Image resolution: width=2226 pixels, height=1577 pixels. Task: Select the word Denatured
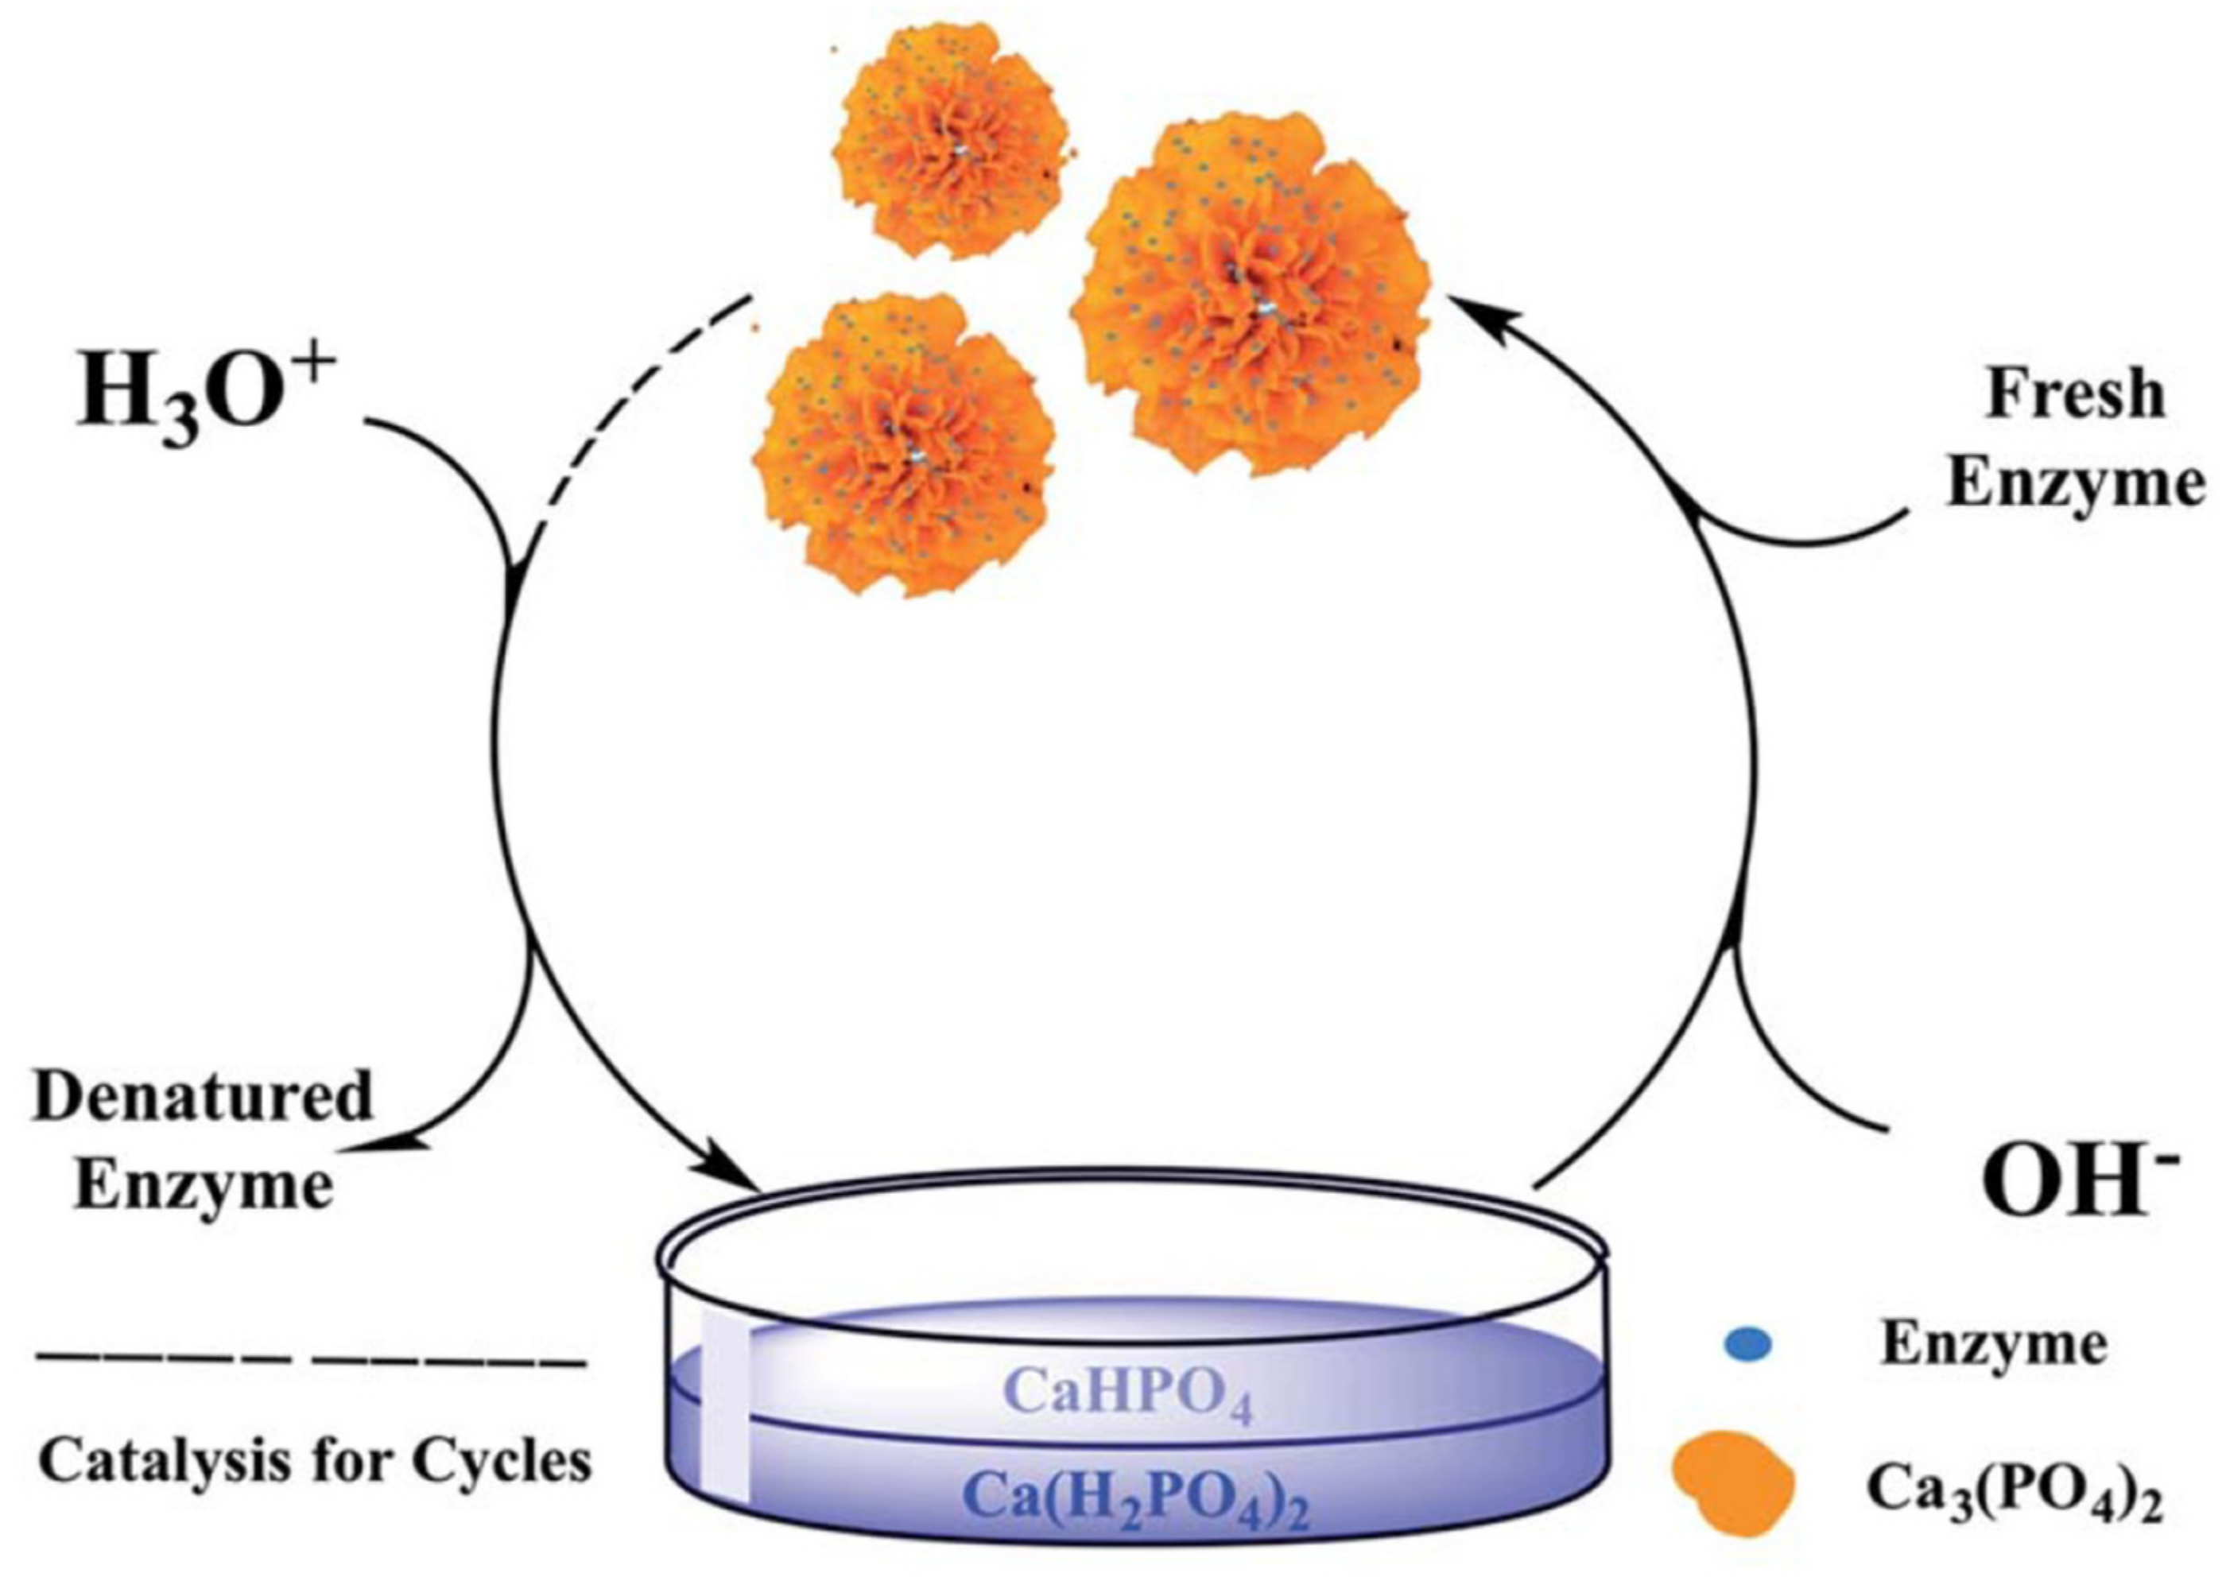click(203, 1096)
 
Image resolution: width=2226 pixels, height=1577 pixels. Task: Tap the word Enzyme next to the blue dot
click(1993, 1344)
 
